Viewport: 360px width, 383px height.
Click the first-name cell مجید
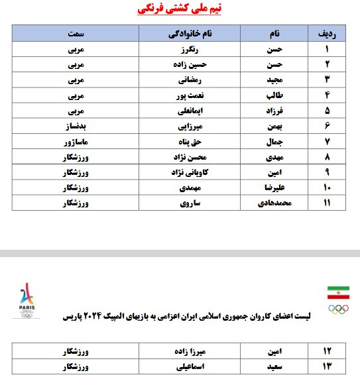point(272,80)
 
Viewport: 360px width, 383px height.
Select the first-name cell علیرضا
point(272,187)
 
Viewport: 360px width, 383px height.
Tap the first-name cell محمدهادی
point(272,202)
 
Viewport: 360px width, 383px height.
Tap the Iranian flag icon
point(338,292)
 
